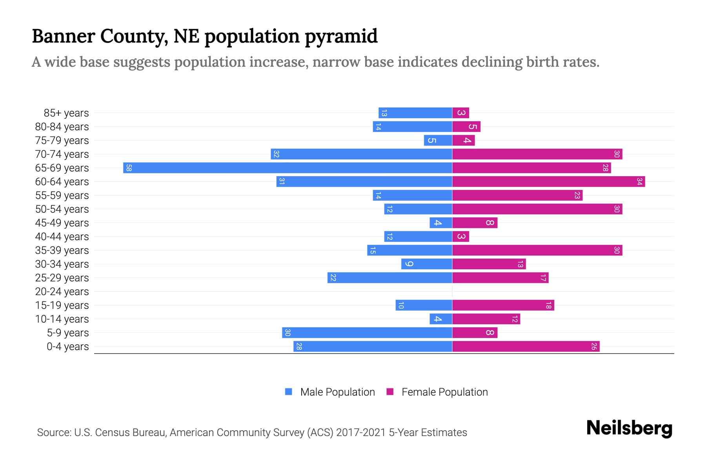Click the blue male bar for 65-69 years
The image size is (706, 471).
287,168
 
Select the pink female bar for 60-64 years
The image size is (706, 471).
548,182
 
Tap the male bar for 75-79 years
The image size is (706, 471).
438,141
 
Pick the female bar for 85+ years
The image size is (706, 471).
460,113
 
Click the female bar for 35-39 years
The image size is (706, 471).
537,250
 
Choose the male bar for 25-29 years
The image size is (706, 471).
389,278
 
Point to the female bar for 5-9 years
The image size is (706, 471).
475,333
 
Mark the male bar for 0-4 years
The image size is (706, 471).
373,347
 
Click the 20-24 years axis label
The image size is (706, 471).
62,292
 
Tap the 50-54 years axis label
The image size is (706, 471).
62,209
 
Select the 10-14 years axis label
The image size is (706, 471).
62,319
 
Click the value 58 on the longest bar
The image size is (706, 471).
129,168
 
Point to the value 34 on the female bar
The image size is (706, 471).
639,182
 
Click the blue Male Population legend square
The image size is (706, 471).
289,392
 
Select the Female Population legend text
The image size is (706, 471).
444,392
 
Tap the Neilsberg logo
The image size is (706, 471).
629,428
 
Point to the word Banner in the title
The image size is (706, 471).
63,37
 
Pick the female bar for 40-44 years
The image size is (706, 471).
460,237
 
